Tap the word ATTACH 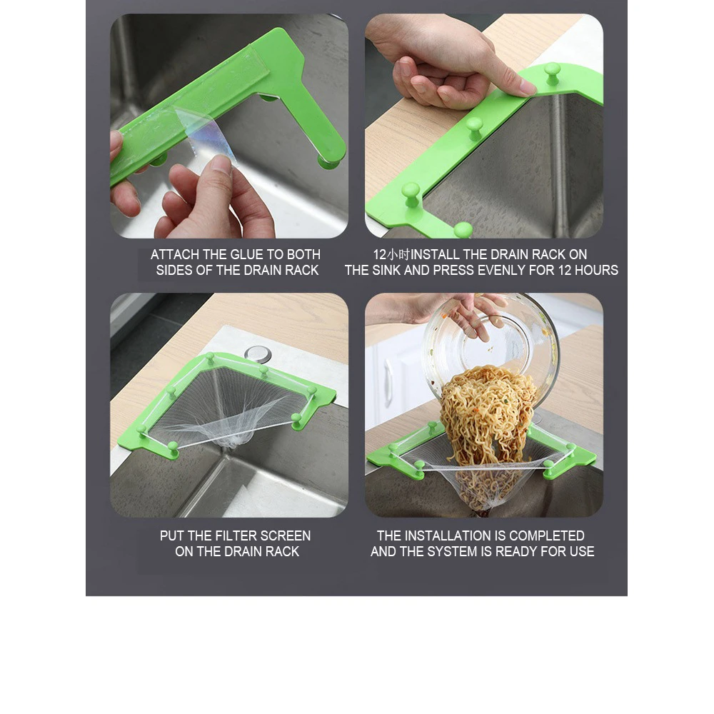pos(176,254)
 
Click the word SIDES pos(174,270)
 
